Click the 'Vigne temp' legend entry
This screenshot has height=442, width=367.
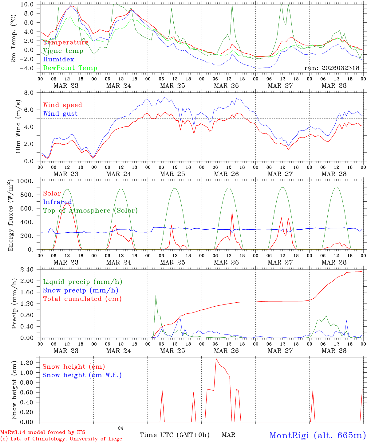point(63,51)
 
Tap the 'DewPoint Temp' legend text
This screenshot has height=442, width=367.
point(70,68)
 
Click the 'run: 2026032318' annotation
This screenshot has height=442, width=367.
point(332,68)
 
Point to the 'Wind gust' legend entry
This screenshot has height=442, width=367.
point(60,114)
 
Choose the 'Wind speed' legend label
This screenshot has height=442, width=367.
point(63,105)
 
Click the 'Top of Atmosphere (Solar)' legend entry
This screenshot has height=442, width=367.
point(90,211)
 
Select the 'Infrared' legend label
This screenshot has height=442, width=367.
point(57,202)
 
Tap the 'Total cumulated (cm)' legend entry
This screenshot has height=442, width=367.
point(82,299)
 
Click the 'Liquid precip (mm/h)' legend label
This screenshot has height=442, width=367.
point(83,282)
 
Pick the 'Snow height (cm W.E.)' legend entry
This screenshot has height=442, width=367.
point(82,375)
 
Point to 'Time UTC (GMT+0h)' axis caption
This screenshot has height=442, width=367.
point(175,435)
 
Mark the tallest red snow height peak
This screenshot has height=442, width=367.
point(216,359)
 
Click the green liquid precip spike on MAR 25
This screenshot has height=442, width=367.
point(156,296)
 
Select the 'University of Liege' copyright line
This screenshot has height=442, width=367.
point(61,439)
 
